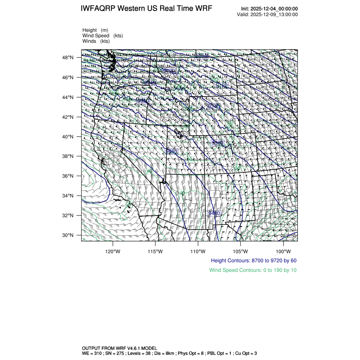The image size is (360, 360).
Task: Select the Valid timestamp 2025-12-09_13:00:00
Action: [x=274, y=14]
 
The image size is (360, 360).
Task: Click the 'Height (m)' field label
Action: [x=95, y=30]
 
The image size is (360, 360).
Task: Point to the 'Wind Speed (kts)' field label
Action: [x=102, y=36]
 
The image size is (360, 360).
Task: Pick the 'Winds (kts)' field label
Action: [x=96, y=41]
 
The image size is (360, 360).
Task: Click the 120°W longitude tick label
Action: [x=113, y=250]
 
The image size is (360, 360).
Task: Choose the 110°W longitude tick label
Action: [x=198, y=250]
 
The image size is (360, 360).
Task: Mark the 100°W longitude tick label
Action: [x=283, y=250]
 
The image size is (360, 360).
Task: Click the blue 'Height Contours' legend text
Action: [x=253, y=260]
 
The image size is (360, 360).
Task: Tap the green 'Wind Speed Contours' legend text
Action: [x=253, y=270]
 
